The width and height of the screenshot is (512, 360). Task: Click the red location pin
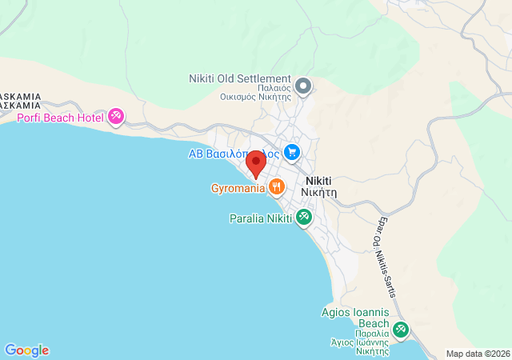pyautogui.click(x=256, y=162)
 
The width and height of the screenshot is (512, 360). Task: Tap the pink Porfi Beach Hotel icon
pyautogui.click(x=116, y=118)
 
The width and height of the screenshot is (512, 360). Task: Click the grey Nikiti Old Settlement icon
pyautogui.click(x=303, y=85)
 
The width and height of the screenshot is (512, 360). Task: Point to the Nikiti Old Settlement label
pyautogui.click(x=239, y=78)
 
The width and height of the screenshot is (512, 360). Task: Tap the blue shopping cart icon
pyautogui.click(x=292, y=151)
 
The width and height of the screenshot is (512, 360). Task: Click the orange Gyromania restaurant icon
pyautogui.click(x=276, y=187)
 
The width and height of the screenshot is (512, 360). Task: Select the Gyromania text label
pyautogui.click(x=238, y=189)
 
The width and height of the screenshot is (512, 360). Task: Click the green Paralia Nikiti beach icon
pyautogui.click(x=304, y=217)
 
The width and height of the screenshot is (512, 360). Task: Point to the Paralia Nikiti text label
pyautogui.click(x=261, y=218)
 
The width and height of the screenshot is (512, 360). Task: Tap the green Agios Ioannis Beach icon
pyautogui.click(x=400, y=329)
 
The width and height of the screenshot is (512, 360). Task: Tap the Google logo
pyautogui.click(x=26, y=350)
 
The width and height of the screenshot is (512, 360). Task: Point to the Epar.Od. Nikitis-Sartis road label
pyautogui.click(x=382, y=255)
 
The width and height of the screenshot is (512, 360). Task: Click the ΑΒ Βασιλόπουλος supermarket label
pyautogui.click(x=232, y=153)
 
